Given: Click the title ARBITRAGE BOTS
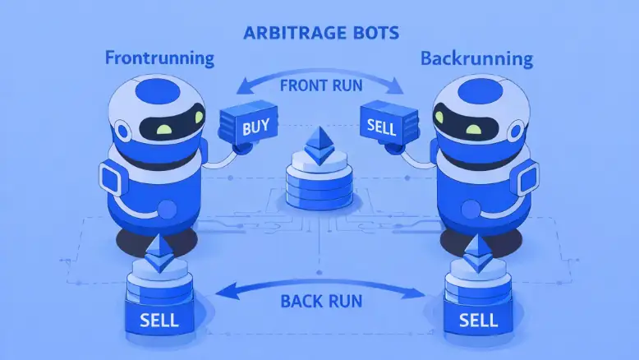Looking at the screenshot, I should [x=319, y=35].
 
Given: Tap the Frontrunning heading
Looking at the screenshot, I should [x=160, y=58].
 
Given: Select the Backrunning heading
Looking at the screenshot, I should [x=476, y=58].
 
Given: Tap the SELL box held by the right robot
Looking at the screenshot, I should [x=381, y=125].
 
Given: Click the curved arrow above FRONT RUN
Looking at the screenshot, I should [x=319, y=75].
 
